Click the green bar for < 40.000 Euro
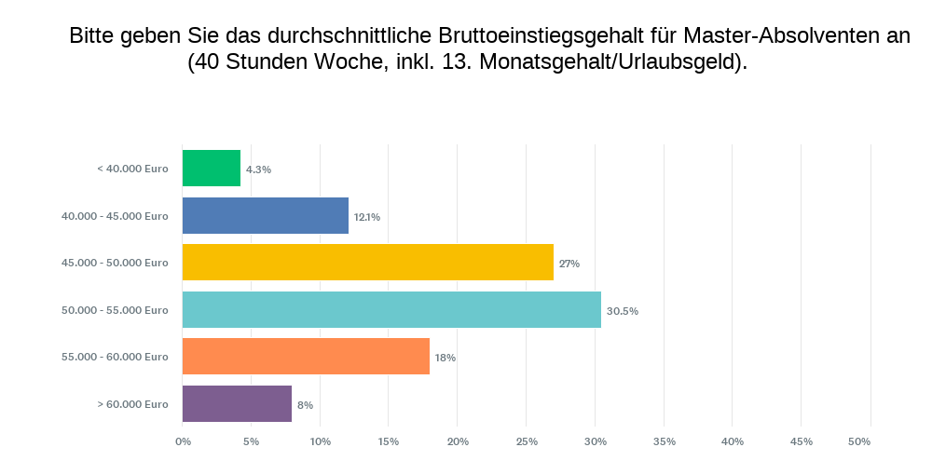[x=212, y=169]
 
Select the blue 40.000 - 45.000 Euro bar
[x=266, y=216]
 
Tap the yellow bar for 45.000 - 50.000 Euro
[x=368, y=263]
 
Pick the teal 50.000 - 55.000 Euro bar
[x=391, y=310]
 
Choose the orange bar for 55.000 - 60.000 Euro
[x=306, y=357]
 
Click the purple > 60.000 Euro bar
[x=237, y=404]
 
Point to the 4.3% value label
[x=258, y=169]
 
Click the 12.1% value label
[x=366, y=217]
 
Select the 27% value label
[x=569, y=264]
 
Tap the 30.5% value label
[x=622, y=311]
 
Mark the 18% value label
[x=445, y=358]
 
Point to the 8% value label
[x=305, y=405]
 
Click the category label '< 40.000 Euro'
[x=132, y=169]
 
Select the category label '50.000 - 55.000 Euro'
[x=115, y=310]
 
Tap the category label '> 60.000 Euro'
[x=132, y=404]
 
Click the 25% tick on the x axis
[x=527, y=441]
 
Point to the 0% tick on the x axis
[x=183, y=441]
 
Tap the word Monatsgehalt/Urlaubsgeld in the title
[x=610, y=62]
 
